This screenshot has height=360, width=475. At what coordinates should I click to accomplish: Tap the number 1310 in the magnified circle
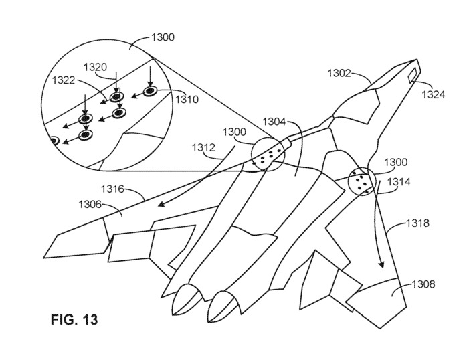(x=187, y=99)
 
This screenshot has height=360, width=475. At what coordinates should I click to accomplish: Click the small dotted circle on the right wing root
(x=361, y=182)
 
